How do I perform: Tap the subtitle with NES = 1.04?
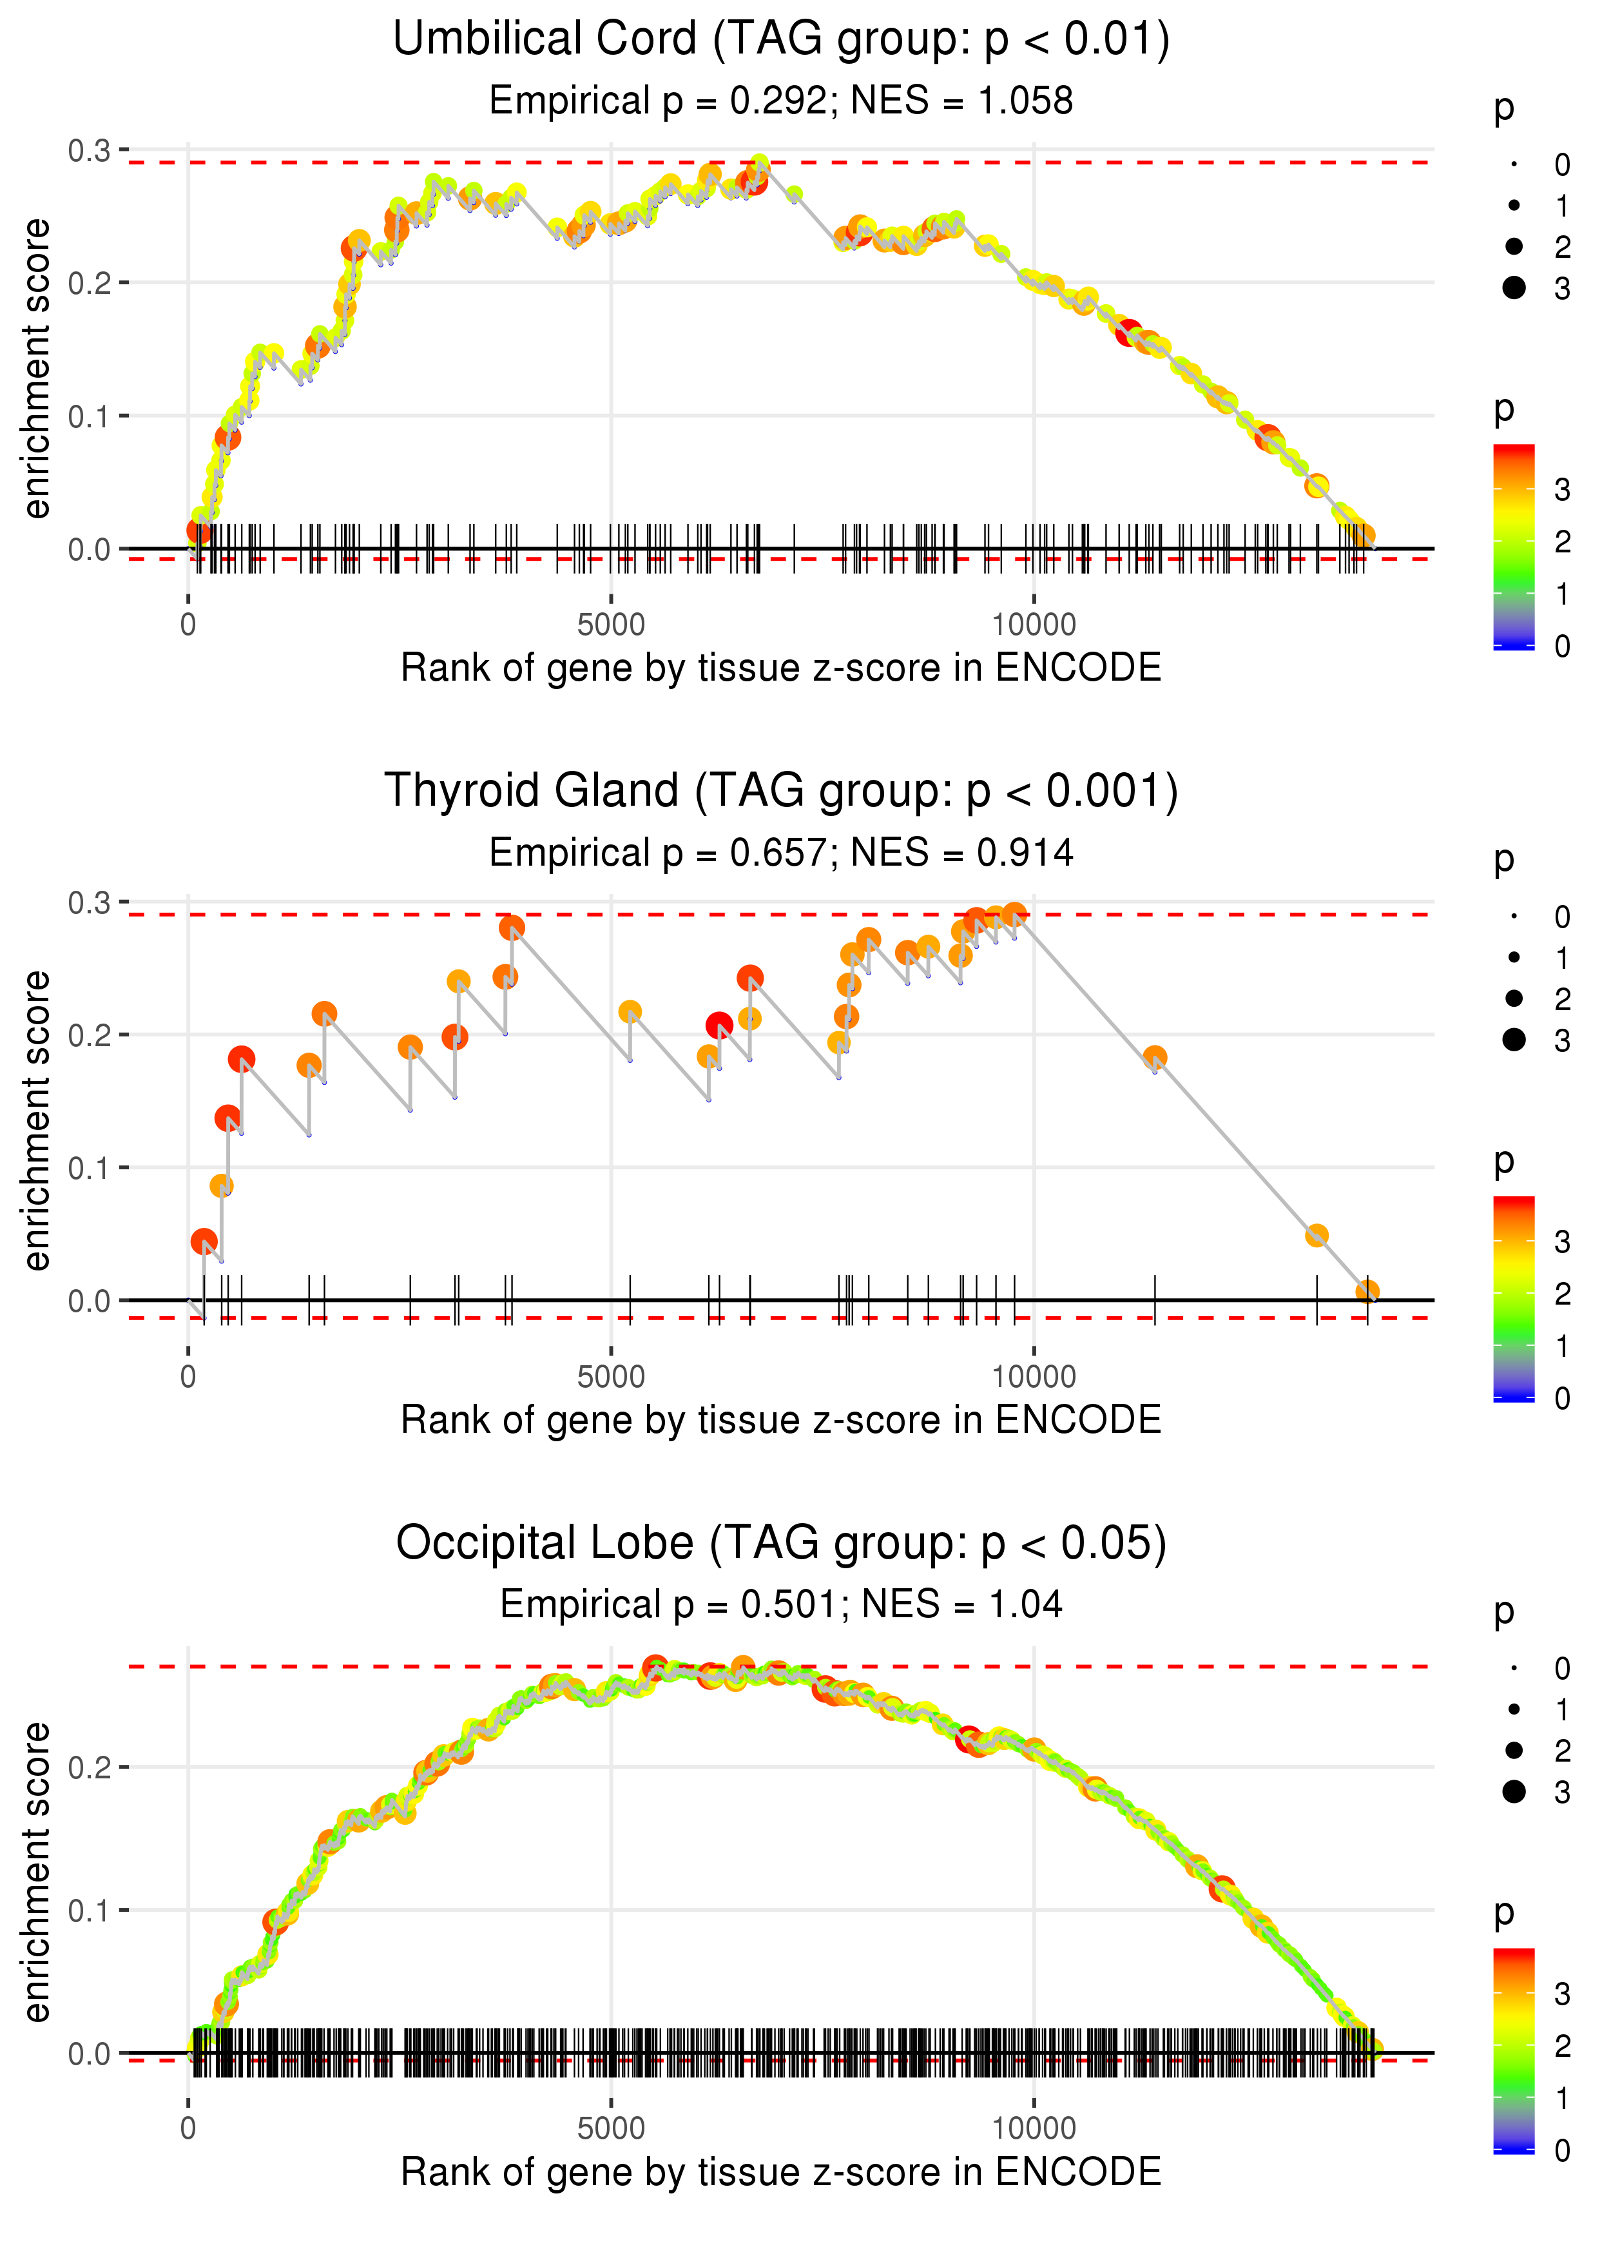[781, 1605]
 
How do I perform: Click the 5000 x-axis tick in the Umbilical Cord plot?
[611, 625]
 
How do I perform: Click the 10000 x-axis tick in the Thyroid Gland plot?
[1034, 1377]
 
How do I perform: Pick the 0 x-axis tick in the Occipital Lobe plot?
[188, 2129]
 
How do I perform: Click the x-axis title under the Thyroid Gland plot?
[781, 1421]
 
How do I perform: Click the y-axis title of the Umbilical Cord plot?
[37, 369]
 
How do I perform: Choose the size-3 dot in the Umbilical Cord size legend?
[1514, 287]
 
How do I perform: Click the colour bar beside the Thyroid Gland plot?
[1514, 1298]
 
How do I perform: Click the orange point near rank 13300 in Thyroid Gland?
[1317, 1235]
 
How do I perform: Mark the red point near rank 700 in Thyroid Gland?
[241, 1060]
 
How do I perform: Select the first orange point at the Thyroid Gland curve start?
[204, 1241]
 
